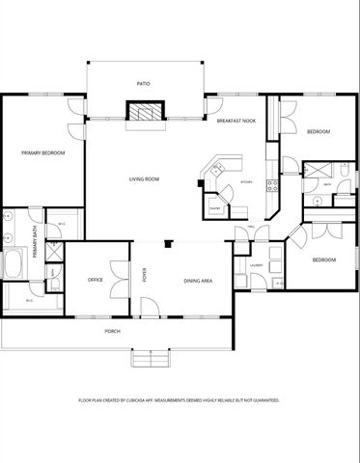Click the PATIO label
[143, 84]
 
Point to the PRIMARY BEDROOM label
[43, 152]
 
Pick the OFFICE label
[95, 280]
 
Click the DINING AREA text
[198, 281]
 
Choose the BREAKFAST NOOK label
[235, 120]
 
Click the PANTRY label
[216, 206]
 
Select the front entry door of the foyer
[148, 308]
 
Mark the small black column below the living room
[168, 243]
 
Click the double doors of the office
[118, 279]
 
